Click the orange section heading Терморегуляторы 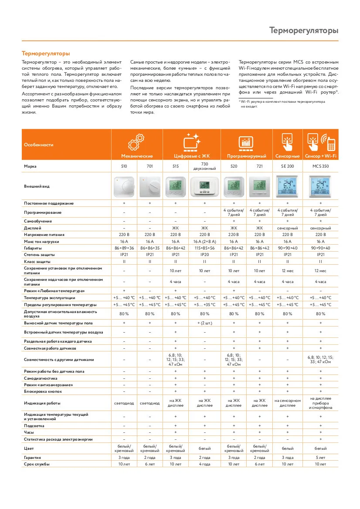(x=46, y=54)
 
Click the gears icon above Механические (x=137, y=142)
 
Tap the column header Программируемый (x=247, y=156)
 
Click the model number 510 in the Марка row (x=124, y=166)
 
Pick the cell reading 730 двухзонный (x=204, y=166)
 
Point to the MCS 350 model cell (x=320, y=166)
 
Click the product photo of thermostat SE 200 (x=287, y=186)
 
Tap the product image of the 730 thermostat (x=204, y=186)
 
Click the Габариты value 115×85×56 (x=204, y=248)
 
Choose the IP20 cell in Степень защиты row (x=204, y=254)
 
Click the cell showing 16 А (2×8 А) (x=204, y=241)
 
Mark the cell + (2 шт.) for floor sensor (x=204, y=323)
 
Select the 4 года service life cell (x=204, y=464)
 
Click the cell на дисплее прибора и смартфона (x=320, y=403)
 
